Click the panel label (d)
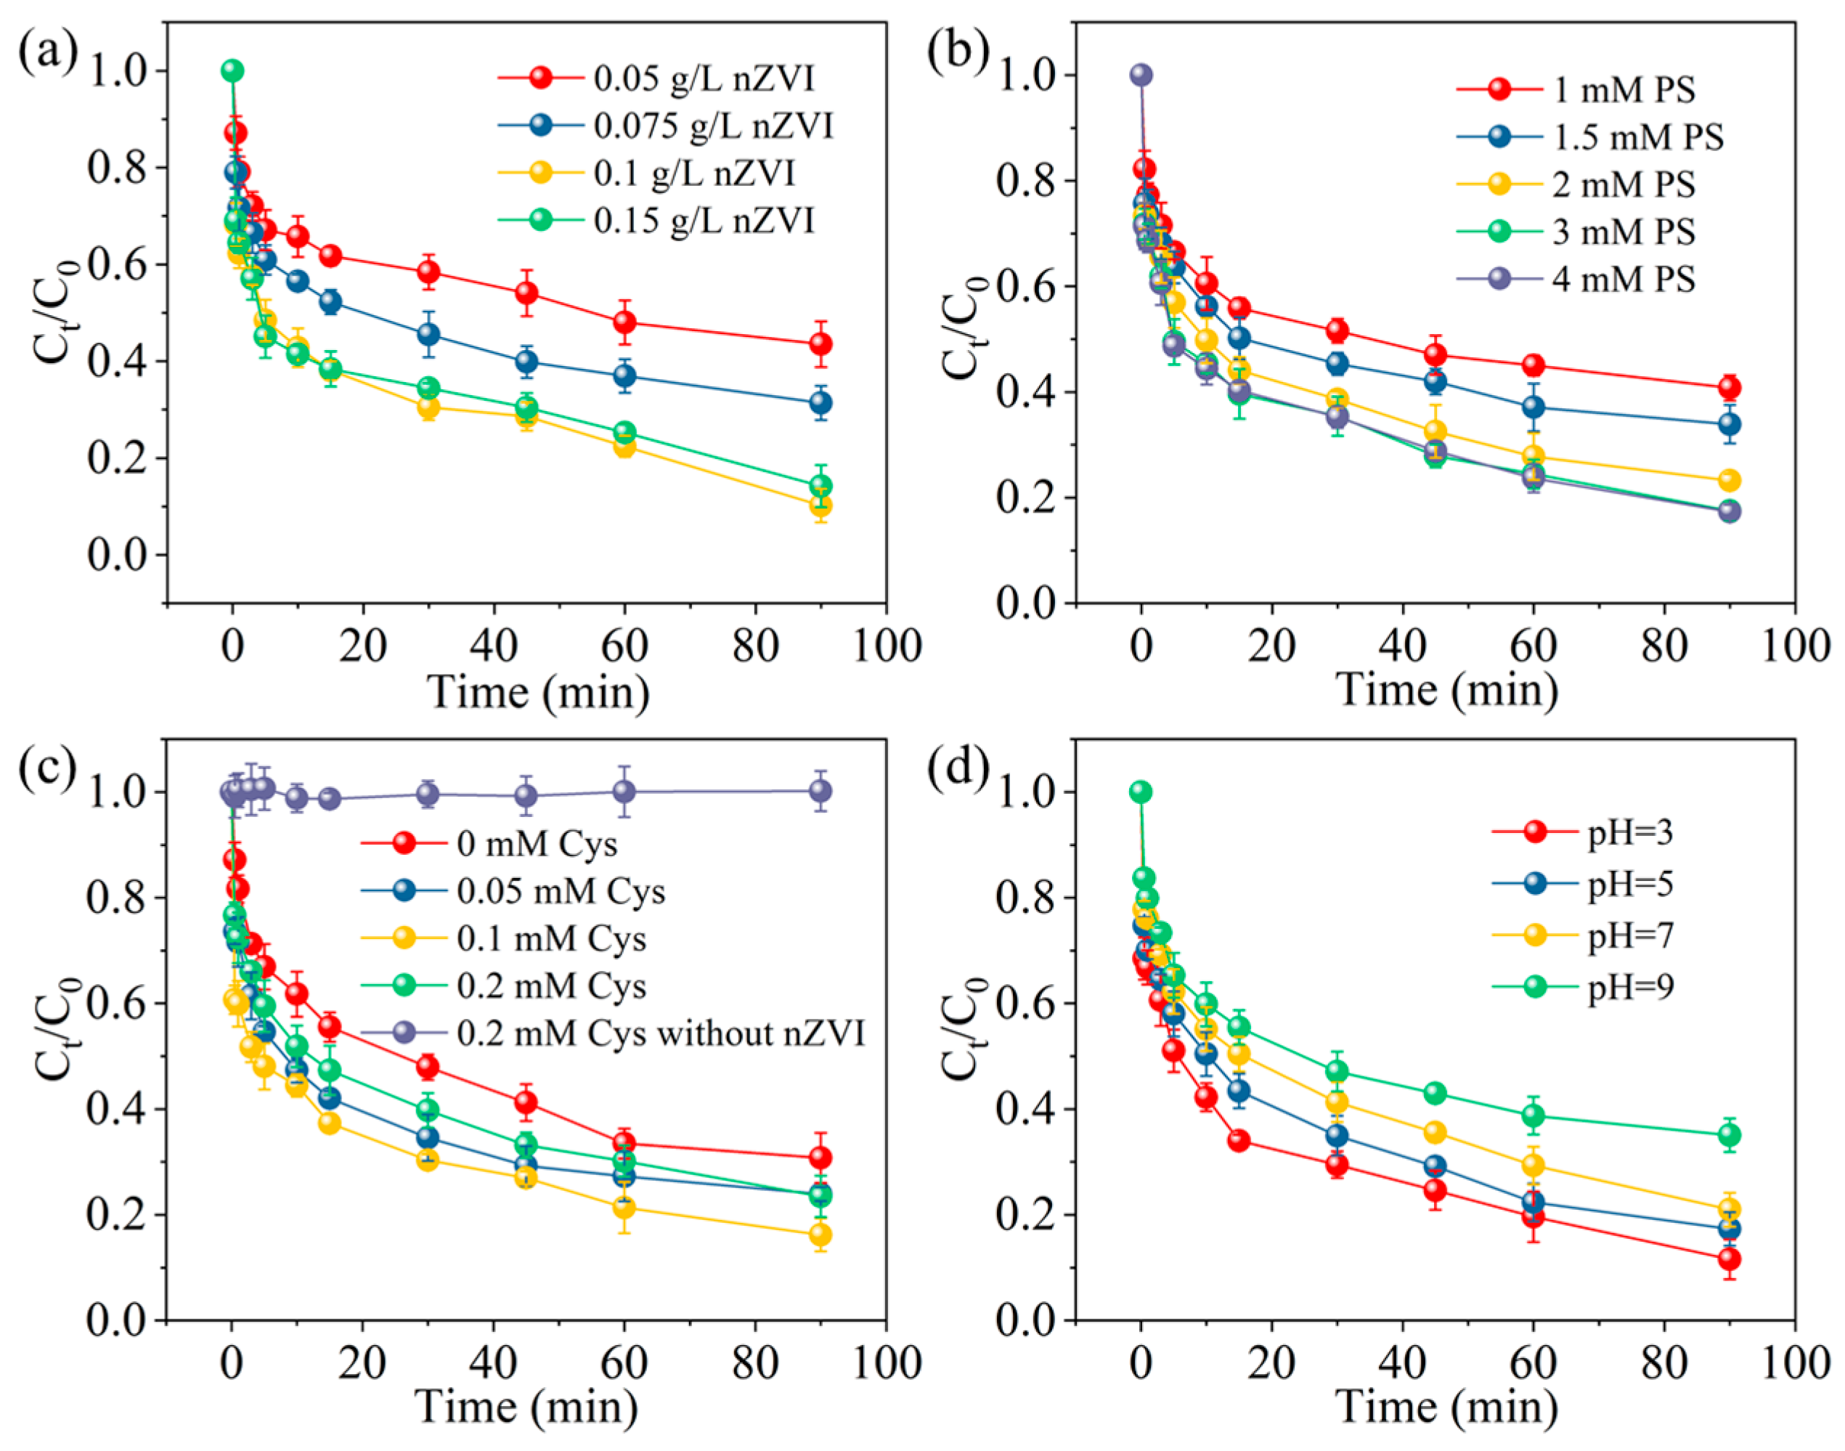coord(956,769)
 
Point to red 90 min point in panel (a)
coord(820,344)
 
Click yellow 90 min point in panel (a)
coord(820,506)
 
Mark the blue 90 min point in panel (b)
coord(1730,425)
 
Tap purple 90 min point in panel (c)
coord(820,792)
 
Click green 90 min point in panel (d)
coord(1730,1135)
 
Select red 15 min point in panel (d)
coord(1239,1140)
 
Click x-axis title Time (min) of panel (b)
coord(1446,689)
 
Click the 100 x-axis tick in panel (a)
coord(887,646)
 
